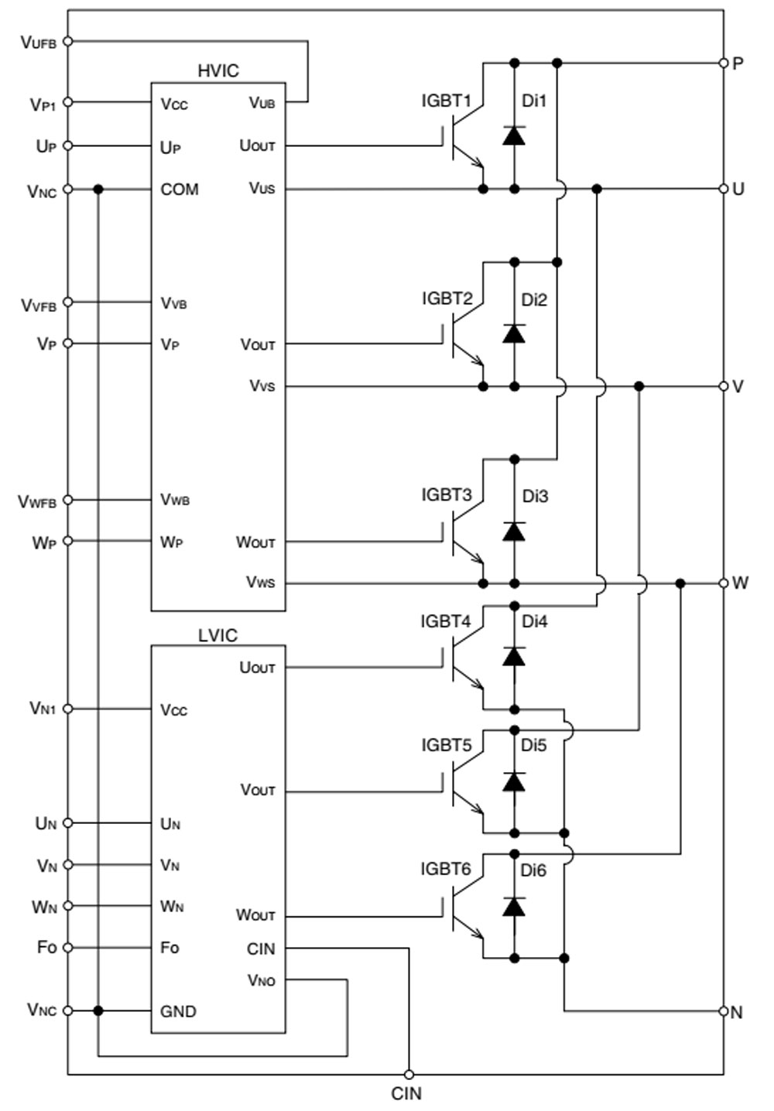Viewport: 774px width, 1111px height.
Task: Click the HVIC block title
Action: tap(218, 70)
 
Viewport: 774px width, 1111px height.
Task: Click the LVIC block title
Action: tap(217, 635)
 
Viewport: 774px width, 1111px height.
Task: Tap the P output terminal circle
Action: tap(724, 63)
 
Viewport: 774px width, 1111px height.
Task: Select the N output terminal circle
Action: tap(724, 1011)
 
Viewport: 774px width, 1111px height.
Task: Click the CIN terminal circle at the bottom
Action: tap(409, 1074)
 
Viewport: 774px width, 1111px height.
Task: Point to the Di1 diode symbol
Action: tap(514, 136)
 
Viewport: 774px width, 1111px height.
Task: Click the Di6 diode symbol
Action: tap(514, 907)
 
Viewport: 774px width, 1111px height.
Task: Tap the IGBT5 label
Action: tap(446, 745)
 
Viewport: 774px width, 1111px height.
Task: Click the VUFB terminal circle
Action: tap(67, 41)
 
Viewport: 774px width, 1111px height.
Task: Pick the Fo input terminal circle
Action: tap(67, 947)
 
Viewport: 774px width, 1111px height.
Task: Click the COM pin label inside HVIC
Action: tap(180, 190)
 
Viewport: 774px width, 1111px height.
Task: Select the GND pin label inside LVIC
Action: tap(178, 1011)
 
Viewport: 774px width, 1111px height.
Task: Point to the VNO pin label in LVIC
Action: tap(261, 980)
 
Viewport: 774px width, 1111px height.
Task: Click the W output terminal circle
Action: tap(724, 583)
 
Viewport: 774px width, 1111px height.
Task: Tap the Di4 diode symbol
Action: tap(514, 657)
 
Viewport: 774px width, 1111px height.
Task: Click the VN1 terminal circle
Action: tap(67, 709)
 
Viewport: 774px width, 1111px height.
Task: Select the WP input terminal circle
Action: tap(67, 541)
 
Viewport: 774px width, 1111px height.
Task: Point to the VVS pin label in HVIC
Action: tap(262, 385)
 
